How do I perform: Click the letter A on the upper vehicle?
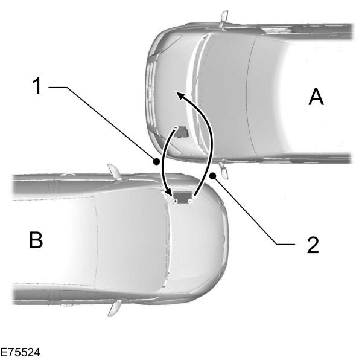pyautogui.click(x=316, y=96)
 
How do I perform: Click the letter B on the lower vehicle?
pyautogui.click(x=37, y=240)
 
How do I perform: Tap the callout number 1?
pyautogui.click(x=37, y=86)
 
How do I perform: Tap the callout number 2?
pyautogui.click(x=312, y=244)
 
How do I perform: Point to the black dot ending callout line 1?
pyautogui.click(x=156, y=161)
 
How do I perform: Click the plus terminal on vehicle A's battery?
pyautogui.click(x=176, y=128)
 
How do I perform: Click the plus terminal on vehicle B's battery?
pyautogui.click(x=175, y=199)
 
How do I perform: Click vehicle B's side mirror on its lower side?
pyautogui.click(x=113, y=308)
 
